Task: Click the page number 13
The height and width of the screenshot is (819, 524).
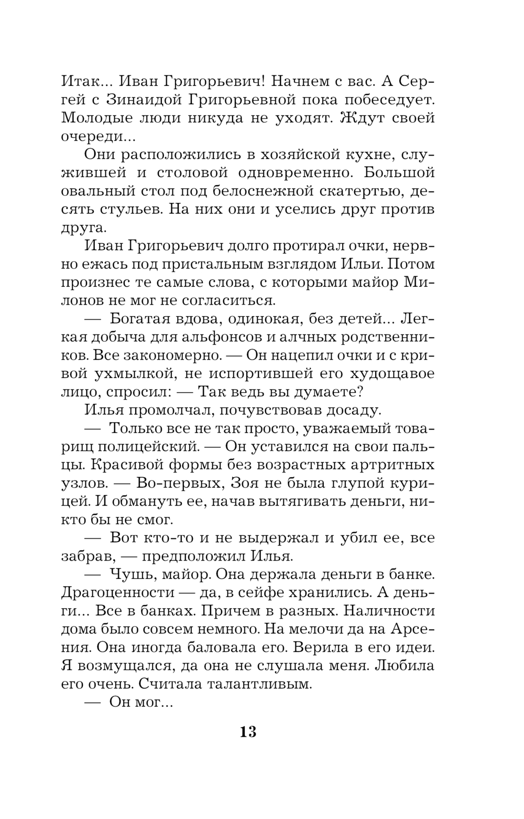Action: (x=248, y=731)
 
